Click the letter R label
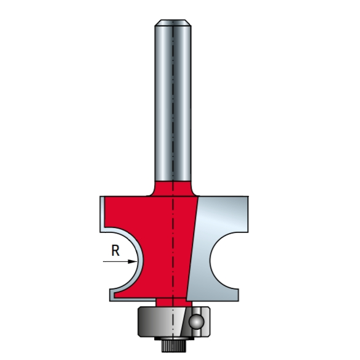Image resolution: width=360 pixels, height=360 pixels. [115, 250]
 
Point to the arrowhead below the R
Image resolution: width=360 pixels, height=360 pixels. [133, 261]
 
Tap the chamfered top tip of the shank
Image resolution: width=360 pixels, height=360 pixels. [173, 23]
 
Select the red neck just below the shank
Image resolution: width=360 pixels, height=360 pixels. [173, 189]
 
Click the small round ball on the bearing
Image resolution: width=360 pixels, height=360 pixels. [197, 321]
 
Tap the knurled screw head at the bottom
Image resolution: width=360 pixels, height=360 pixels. [174, 346]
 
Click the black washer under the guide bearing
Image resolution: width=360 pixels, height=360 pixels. [174, 338]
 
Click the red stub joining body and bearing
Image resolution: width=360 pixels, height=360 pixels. [174, 302]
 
